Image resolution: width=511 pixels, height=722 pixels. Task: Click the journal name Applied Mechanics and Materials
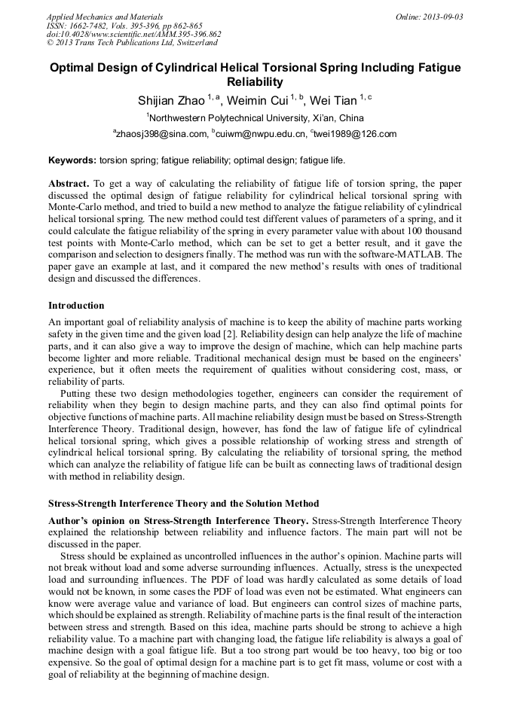pyautogui.click(x=104, y=17)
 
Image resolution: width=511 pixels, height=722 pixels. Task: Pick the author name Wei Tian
pyautogui.click(x=335, y=100)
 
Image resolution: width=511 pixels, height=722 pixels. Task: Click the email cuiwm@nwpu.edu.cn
pyautogui.click(x=260, y=135)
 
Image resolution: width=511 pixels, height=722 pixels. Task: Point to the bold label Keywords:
pyautogui.click(x=72, y=160)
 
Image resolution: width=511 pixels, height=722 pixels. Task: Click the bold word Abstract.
pyautogui.click(x=69, y=184)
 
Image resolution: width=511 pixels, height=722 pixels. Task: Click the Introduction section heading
pyautogui.click(x=76, y=306)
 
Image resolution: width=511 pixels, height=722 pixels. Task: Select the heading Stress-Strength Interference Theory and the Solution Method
pyautogui.click(x=183, y=504)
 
